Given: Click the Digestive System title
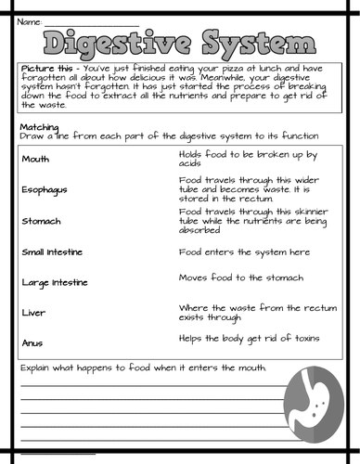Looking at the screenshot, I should pyautogui.click(x=180, y=43).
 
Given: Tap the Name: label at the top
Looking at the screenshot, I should pyautogui.click(x=30, y=20).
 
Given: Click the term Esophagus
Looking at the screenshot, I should pyautogui.click(x=43, y=190).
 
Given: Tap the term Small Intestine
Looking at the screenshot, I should pyautogui.click(x=54, y=251).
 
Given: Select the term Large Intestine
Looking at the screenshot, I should pyautogui.click(x=55, y=282).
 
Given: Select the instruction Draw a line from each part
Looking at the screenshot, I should pyautogui.click(x=158, y=136).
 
